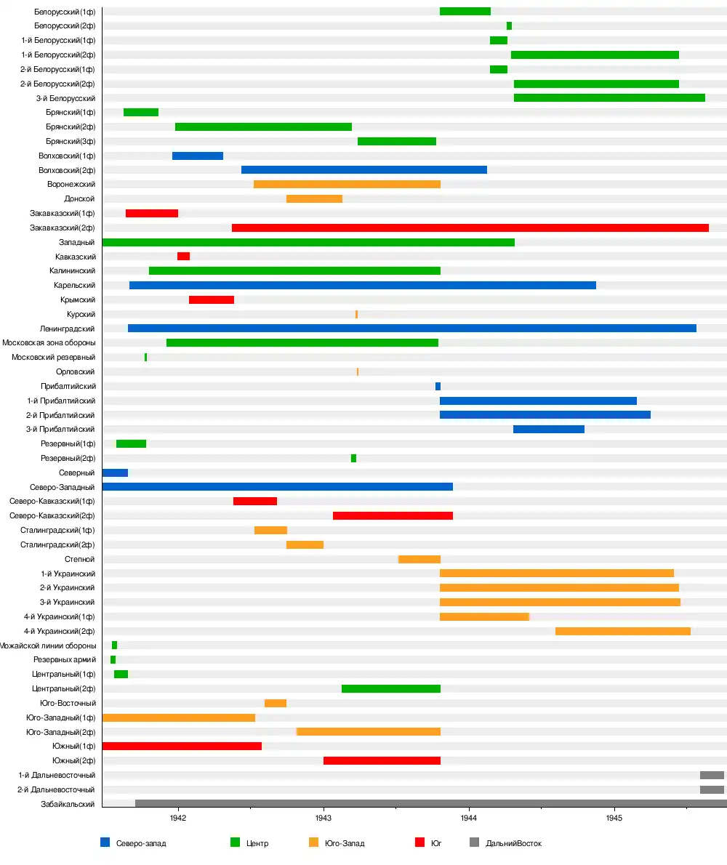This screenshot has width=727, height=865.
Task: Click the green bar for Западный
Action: [x=308, y=242]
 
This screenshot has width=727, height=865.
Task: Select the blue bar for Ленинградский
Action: [x=411, y=329]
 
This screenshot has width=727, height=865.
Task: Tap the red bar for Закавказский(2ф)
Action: [x=470, y=228]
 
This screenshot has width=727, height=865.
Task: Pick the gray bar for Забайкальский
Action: [x=430, y=803]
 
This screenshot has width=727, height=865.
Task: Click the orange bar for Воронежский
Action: [x=347, y=184]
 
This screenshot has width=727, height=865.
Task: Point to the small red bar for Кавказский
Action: [x=183, y=257]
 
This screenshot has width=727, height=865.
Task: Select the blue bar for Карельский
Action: [x=362, y=285]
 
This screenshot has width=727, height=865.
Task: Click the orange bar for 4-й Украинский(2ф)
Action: [x=622, y=631]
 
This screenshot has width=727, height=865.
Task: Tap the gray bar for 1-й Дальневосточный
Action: [x=712, y=775]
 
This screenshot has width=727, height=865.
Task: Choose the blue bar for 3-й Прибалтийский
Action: [x=548, y=429]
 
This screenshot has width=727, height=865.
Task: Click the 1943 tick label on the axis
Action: [x=324, y=818]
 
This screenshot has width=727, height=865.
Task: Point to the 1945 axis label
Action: [x=614, y=818]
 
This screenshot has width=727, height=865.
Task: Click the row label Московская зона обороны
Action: [x=49, y=343]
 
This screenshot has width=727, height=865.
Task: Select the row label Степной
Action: [x=80, y=559]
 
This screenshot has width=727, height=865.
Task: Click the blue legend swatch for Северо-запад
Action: [x=105, y=842]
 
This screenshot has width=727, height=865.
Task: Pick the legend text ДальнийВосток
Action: [x=513, y=843]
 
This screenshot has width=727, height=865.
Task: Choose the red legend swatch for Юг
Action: [x=419, y=842]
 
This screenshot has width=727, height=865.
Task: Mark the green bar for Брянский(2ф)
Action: [x=263, y=126]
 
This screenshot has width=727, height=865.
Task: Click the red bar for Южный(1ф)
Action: [x=182, y=746]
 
